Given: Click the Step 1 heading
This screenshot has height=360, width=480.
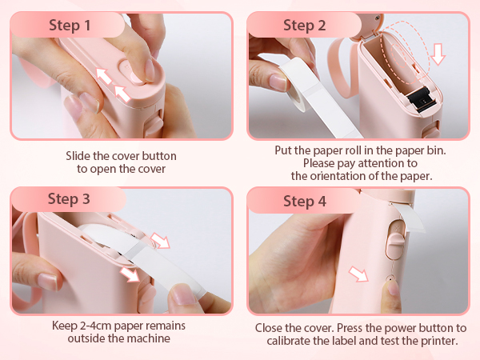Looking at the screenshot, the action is (70, 25).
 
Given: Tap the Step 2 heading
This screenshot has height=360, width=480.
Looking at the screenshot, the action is (304, 25).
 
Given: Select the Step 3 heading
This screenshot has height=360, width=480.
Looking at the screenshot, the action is (69, 198).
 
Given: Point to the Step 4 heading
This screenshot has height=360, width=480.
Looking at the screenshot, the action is (305, 201).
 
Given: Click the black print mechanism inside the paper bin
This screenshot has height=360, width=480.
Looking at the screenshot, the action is (421, 98).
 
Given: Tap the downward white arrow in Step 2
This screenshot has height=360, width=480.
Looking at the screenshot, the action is (438, 54).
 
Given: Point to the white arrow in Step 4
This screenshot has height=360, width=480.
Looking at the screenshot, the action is (358, 274).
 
